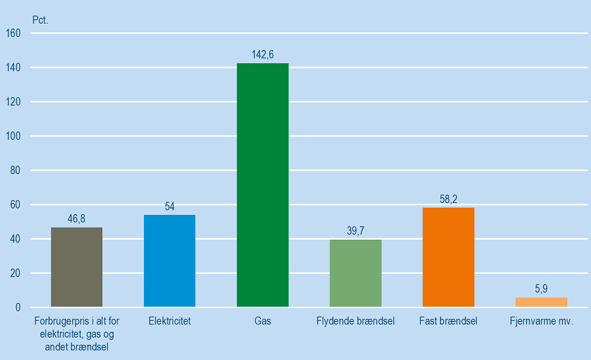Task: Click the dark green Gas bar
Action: click(262, 185)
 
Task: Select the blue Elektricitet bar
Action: click(169, 261)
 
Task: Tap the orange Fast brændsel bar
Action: click(449, 257)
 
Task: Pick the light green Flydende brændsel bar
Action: click(355, 273)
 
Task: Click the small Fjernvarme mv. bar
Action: click(541, 302)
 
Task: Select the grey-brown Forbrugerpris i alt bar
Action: click(77, 267)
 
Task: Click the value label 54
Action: click(169, 206)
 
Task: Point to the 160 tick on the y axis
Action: click(14, 33)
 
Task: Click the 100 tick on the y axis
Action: click(14, 136)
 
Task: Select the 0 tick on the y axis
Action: click(18, 307)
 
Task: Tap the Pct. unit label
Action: click(40, 19)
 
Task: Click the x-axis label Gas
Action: click(263, 322)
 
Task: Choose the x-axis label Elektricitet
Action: click(169, 322)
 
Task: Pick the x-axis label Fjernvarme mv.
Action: click(541, 322)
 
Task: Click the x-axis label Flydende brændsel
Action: click(355, 322)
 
